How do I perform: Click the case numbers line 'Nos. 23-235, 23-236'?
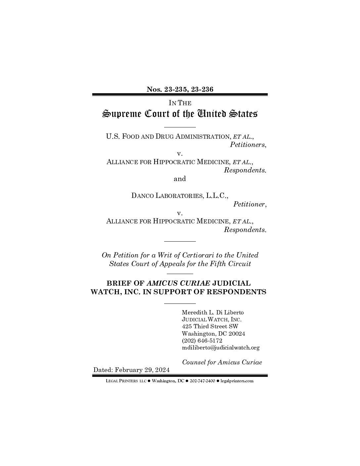click(180, 89)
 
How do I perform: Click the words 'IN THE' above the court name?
click(180, 103)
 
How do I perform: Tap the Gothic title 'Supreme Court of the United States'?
click(180, 114)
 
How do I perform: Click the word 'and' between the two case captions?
click(180, 179)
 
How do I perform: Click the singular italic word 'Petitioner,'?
click(250, 204)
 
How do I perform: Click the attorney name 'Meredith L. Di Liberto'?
click(213, 312)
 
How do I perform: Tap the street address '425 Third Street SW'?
click(210, 326)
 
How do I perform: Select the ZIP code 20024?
click(237, 334)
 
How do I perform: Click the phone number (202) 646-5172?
click(202, 341)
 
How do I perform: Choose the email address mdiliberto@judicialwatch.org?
click(221, 348)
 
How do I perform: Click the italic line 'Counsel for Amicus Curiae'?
click(222, 362)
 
